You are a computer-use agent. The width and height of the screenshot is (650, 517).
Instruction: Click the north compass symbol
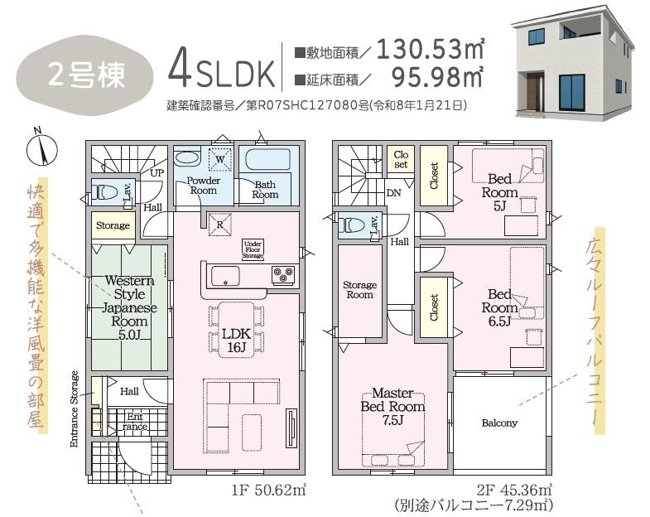[41, 148]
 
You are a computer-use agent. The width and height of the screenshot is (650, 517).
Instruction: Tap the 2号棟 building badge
[85, 75]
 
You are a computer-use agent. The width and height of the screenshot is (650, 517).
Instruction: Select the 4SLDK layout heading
[222, 69]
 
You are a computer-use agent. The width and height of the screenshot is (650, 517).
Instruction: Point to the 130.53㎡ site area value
[431, 49]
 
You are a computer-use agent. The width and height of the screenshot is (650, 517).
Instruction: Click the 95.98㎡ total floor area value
[437, 77]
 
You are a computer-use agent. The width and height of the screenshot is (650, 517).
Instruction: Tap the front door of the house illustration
[534, 93]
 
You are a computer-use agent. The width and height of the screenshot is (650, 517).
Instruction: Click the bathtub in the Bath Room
[267, 160]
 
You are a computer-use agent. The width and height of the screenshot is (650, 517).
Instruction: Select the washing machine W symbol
[220, 159]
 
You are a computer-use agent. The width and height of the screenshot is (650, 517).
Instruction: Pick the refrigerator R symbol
[219, 225]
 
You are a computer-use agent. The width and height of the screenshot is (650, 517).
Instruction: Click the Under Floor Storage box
[253, 249]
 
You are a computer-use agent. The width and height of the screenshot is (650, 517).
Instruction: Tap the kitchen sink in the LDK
[225, 276]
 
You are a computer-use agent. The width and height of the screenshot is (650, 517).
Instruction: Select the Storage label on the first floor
[113, 225]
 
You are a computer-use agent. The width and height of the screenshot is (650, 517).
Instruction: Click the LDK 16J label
[236, 341]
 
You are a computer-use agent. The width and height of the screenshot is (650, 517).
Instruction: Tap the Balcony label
[499, 423]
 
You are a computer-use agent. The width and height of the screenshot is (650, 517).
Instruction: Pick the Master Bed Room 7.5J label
[392, 406]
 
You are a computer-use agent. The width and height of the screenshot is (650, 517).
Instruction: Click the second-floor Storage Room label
[360, 290]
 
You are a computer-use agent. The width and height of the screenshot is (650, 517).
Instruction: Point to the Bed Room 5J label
[499, 192]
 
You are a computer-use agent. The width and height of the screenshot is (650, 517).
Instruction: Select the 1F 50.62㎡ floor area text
[268, 490]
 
